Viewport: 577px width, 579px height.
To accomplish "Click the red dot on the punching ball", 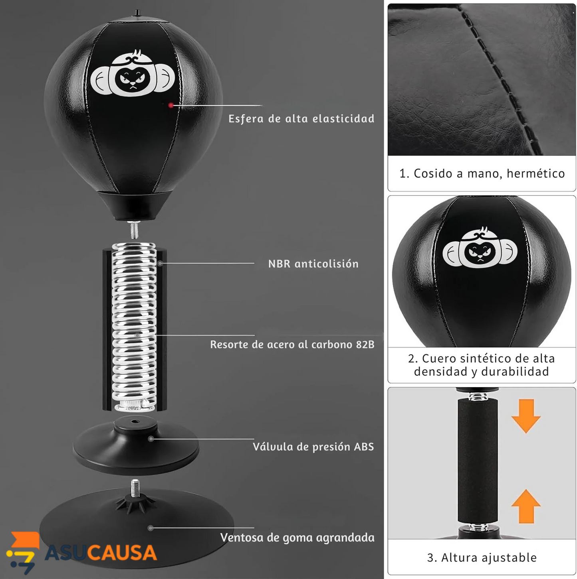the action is [171, 105].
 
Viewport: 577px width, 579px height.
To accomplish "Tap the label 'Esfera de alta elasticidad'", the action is [301, 119].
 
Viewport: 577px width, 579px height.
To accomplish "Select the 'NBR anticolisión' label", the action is [313, 264].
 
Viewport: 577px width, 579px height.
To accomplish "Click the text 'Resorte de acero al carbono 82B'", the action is [292, 345].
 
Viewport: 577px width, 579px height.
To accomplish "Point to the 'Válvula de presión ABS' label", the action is [313, 447].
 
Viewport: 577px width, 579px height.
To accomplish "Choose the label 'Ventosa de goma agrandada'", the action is [297, 538].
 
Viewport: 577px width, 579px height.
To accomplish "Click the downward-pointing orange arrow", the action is [526, 416].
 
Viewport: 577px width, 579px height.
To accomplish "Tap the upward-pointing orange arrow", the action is [526, 506].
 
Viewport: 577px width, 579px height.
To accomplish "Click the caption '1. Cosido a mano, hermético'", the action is [482, 173].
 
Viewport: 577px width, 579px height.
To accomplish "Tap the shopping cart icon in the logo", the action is [23, 552].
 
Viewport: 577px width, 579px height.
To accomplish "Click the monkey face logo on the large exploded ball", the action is [133, 74].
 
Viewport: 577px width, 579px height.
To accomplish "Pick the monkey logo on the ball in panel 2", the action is [480, 247].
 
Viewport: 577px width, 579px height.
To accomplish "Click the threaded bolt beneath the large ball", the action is [134, 230].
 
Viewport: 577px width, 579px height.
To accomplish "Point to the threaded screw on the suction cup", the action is [135, 488].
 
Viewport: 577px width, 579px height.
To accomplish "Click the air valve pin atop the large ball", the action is [137, 13].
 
